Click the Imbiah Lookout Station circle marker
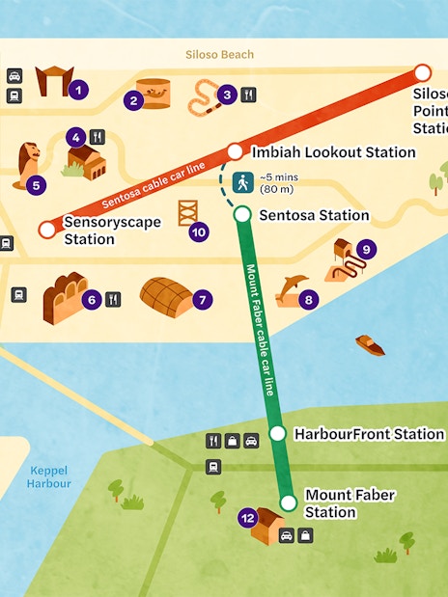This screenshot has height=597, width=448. coord(235,151)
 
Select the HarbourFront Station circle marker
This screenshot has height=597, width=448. coord(277,434)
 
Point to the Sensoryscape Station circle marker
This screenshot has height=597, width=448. coord(46,230)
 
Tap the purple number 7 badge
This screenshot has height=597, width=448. coord(202,300)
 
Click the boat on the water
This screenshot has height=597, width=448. coord(369,344)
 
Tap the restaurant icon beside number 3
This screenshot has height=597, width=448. coord(248,95)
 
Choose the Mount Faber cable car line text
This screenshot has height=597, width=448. coord(260,329)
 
